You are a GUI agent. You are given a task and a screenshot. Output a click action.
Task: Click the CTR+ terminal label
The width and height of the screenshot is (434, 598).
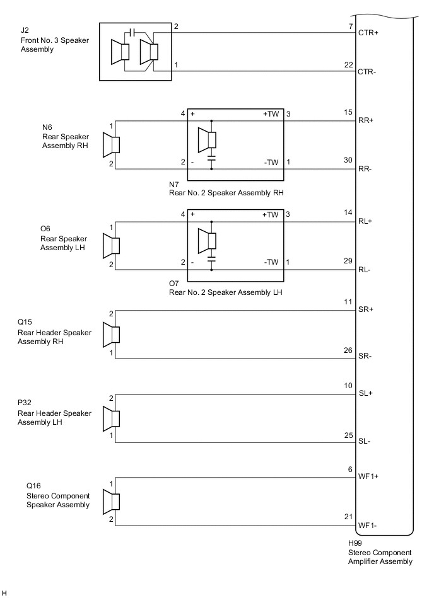click(368, 32)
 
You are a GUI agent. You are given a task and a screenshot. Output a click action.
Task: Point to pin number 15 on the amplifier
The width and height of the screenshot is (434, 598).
click(348, 113)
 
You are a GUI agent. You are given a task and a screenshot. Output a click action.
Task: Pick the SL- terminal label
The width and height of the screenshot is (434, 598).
click(365, 441)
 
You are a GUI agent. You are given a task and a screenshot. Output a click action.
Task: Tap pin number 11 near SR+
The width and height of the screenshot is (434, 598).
click(348, 303)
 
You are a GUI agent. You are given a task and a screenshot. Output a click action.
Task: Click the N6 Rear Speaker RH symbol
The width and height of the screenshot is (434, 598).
click(112, 145)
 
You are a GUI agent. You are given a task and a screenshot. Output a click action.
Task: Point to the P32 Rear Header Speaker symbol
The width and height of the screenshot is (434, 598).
click(112, 417)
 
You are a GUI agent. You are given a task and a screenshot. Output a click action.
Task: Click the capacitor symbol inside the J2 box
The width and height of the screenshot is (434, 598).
click(131, 32)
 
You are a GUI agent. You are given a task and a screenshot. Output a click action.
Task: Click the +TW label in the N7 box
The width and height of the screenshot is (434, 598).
click(271, 114)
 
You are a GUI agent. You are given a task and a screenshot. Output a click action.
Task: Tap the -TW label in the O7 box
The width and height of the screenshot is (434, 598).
click(271, 262)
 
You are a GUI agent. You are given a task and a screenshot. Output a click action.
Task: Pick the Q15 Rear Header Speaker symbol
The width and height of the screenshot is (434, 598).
click(112, 335)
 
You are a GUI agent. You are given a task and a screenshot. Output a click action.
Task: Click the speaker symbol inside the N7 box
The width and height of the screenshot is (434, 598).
click(208, 139)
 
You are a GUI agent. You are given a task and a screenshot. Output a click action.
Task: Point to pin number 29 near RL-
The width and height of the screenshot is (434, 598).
click(348, 261)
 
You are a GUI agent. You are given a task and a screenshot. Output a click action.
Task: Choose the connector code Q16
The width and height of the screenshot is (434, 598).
click(33, 486)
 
